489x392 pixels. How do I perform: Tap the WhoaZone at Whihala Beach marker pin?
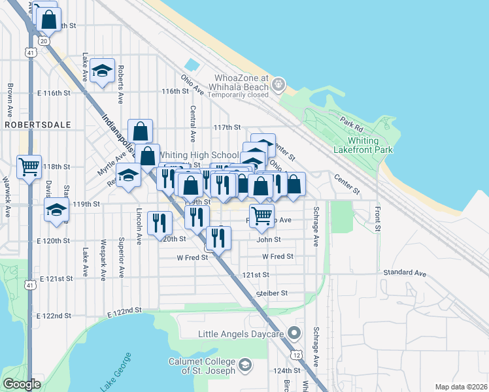(279, 84)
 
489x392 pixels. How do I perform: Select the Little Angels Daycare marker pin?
(294, 334)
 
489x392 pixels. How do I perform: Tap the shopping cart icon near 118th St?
(29, 167)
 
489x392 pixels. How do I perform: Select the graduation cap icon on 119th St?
(57, 210)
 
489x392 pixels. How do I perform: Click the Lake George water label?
(116, 372)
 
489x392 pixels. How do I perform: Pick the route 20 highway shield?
(44, 41)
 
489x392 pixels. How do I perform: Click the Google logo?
(22, 384)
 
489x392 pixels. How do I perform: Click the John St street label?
(268, 240)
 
